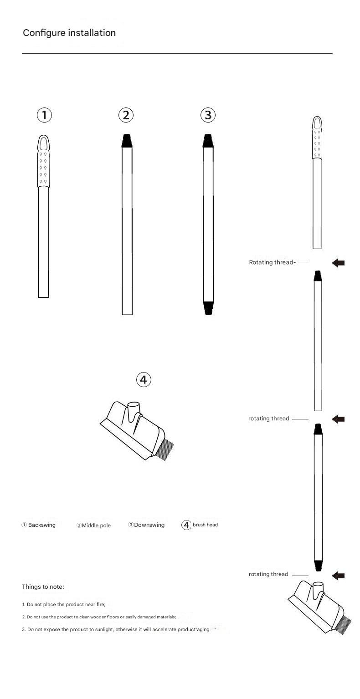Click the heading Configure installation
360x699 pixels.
(69, 33)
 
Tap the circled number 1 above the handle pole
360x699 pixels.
(44, 115)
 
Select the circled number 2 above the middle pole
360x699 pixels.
(126, 115)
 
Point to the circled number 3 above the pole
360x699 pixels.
(208, 115)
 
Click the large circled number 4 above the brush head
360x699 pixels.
(144, 379)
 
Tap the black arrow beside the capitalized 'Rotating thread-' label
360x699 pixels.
(338, 263)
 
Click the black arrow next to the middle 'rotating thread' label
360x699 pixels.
(338, 419)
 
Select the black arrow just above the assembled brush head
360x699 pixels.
(338, 576)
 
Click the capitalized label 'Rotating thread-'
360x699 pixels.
(272, 262)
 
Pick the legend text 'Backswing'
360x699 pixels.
(41, 525)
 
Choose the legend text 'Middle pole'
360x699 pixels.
(96, 526)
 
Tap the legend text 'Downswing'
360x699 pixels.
(149, 525)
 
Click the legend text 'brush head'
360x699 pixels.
(205, 525)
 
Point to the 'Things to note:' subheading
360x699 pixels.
(43, 587)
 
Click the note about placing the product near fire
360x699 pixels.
(64, 604)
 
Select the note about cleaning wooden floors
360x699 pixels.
(99, 617)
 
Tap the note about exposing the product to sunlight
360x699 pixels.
(116, 629)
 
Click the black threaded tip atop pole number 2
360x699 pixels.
(127, 140)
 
